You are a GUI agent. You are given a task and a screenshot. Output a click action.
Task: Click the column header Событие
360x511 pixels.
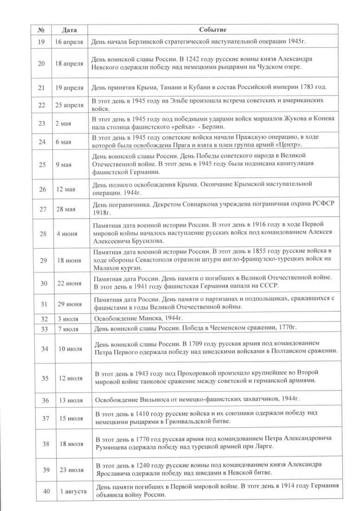212,30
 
